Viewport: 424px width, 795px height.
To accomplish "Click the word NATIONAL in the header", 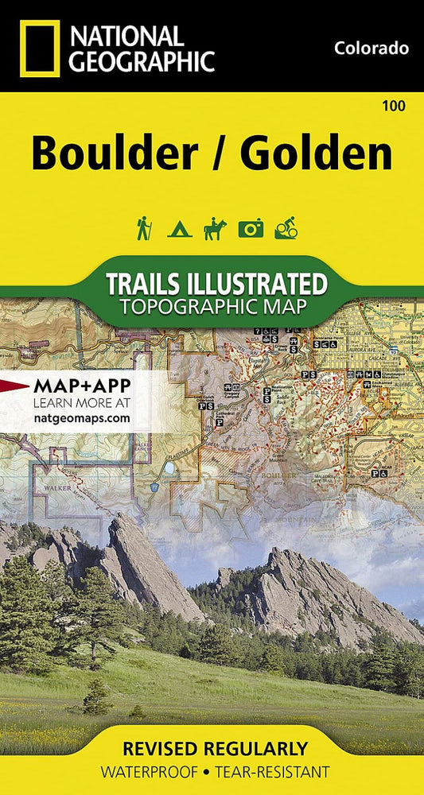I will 126,34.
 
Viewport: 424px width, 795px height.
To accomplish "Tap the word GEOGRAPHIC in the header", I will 142,60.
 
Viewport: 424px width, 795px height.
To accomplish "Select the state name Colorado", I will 371,48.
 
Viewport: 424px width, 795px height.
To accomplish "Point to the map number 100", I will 392,105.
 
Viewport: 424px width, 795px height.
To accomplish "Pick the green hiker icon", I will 143,229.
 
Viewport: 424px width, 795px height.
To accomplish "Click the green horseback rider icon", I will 215,229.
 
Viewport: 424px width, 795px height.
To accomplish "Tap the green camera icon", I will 251,230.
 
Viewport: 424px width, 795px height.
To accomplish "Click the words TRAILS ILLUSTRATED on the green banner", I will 216,284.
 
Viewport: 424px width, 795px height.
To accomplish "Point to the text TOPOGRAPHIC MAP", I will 216,306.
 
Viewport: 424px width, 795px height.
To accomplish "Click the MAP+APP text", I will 82,386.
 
